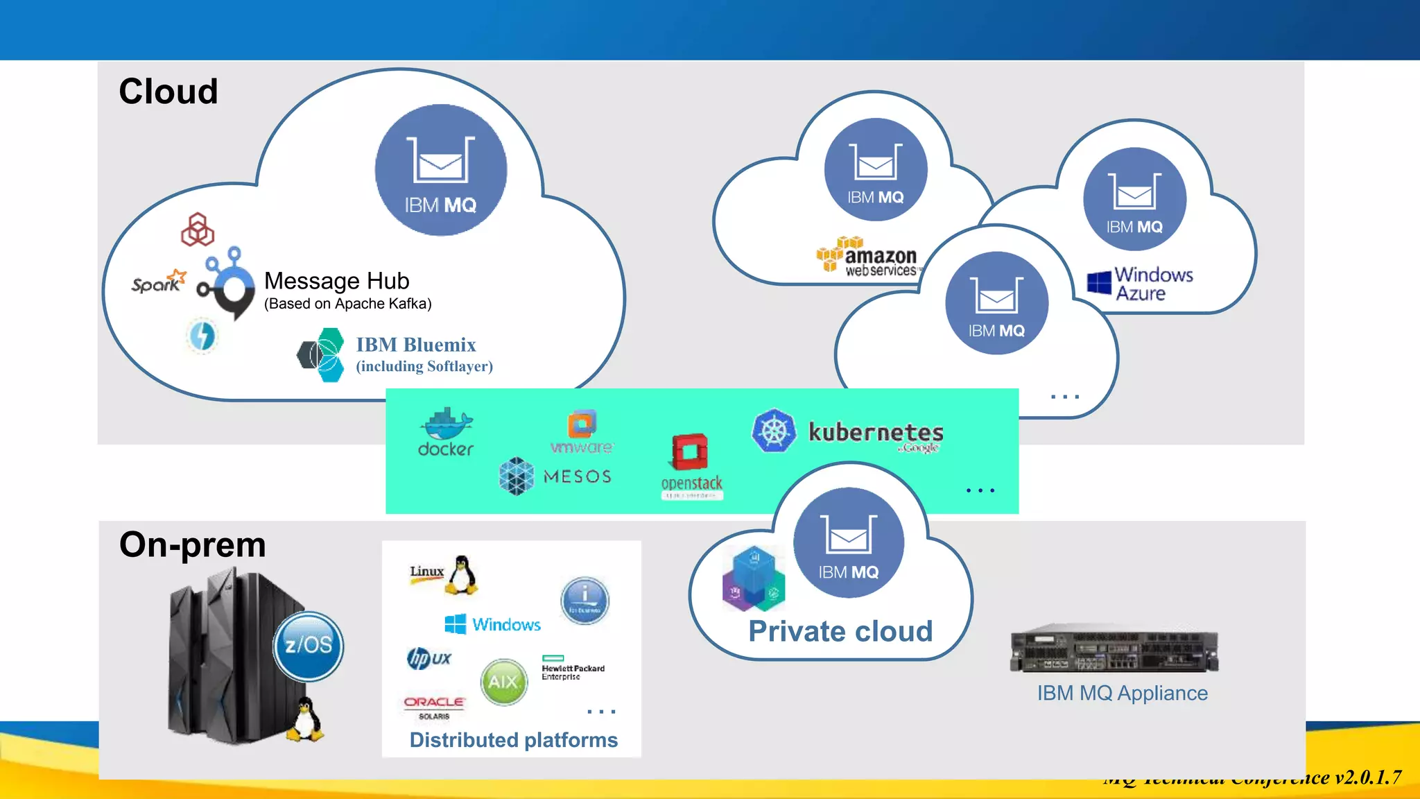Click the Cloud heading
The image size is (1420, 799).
pos(168,92)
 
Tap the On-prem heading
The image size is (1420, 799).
pos(193,544)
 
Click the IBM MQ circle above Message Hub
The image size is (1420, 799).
pos(441,170)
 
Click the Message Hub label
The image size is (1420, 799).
pos(337,281)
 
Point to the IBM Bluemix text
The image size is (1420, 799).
pos(416,345)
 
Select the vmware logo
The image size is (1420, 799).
pos(582,433)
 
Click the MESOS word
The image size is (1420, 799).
pos(578,476)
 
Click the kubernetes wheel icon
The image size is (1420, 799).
pos(774,431)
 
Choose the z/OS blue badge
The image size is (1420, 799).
pos(309,645)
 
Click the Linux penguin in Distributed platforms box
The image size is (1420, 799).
pos(462,574)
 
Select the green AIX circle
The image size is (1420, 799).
pos(504,682)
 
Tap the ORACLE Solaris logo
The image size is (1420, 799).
pos(434,707)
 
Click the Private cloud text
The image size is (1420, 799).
pos(840,631)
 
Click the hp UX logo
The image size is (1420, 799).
pos(429,658)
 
